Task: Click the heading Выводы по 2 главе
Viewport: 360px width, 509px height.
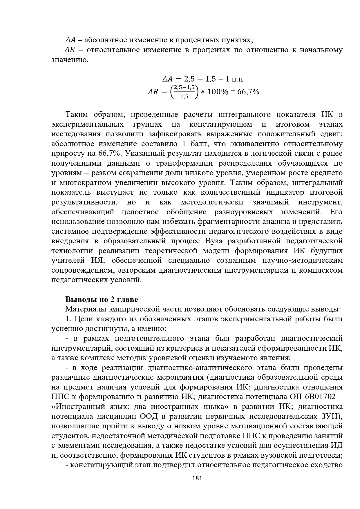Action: pos(102,299)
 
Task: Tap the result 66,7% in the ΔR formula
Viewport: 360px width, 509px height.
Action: pos(248,92)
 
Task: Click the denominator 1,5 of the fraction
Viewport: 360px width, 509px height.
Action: pos(184,97)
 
